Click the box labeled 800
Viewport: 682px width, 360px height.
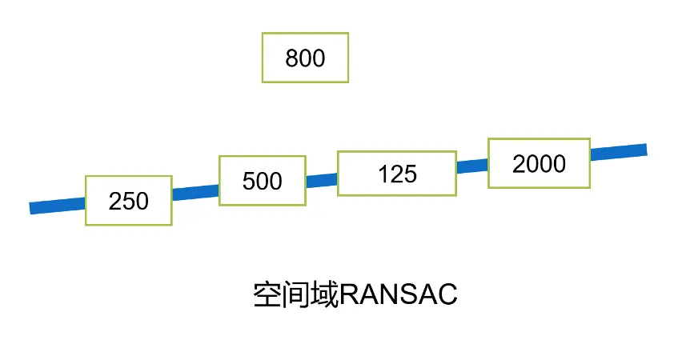coord(305,58)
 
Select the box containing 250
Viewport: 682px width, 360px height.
coord(129,200)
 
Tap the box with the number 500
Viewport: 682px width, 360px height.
coord(262,180)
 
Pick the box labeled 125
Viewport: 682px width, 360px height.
coord(397,173)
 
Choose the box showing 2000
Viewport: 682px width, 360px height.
coord(539,163)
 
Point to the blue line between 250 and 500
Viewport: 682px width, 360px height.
coord(195,191)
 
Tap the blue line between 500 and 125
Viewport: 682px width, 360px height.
coord(321,180)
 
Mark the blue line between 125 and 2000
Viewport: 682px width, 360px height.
coord(472,166)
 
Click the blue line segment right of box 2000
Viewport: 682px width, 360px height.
coord(618,151)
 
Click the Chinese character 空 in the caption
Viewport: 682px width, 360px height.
coord(267,295)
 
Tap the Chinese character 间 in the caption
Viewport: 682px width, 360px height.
coord(296,295)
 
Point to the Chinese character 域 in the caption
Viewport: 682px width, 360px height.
coord(324,295)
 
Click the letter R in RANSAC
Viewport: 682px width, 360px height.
coord(349,295)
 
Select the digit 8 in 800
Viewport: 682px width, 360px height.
coord(292,58)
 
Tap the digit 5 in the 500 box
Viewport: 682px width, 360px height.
coord(249,181)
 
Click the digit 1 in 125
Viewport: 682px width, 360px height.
coord(384,174)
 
